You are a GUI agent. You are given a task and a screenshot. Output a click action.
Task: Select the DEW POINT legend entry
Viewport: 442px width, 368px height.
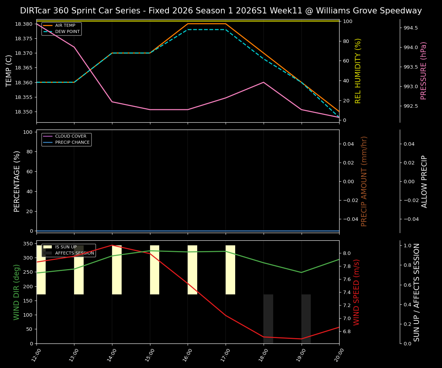coord(68,32)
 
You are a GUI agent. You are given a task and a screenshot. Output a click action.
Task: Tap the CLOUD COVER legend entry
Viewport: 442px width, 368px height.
coord(71,136)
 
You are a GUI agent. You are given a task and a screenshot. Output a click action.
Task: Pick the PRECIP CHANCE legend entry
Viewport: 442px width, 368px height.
coord(72,143)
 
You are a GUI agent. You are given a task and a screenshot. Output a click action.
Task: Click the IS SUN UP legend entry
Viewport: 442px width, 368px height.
coord(66,247)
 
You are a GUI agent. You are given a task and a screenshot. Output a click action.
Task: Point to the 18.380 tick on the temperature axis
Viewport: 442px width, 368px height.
coord(23,24)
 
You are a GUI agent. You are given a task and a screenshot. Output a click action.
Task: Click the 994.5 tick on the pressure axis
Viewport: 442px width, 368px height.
coord(411,28)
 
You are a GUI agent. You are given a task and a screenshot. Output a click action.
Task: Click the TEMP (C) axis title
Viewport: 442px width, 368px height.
coord(9,71)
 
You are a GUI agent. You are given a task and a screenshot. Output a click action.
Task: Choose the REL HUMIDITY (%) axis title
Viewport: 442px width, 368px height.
coord(358,71)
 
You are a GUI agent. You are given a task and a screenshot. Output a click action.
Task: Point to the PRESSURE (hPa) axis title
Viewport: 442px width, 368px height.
coord(424,71)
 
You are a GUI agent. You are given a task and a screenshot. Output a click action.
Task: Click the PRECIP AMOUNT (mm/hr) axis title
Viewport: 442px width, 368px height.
coord(364,181)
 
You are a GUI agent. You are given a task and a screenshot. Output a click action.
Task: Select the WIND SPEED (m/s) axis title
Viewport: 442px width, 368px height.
coord(356,292)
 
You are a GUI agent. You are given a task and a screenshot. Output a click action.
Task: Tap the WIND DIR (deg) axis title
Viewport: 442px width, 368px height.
coord(16,292)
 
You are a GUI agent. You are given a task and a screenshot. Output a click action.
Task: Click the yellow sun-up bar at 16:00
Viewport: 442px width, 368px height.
coord(192,270)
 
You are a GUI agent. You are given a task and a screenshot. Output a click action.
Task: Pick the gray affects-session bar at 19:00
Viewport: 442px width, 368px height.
coord(306,319)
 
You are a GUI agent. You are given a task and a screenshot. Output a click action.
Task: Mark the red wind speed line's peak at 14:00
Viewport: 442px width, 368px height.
coord(112,245)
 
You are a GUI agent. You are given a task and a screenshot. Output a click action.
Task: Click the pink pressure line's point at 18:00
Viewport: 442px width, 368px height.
coord(264,82)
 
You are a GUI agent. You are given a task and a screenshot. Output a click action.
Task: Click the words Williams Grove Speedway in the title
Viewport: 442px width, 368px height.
coord(364,11)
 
